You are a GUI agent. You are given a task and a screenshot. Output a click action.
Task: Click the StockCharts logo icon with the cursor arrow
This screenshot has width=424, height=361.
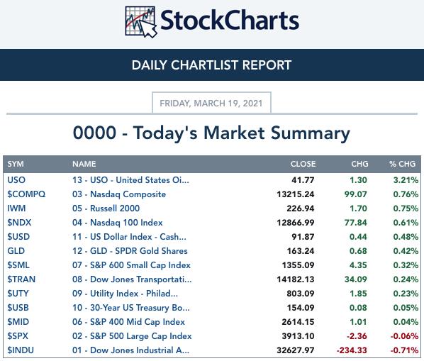click(141, 22)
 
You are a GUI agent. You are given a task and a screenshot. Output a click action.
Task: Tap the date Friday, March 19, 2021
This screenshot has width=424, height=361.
click(211, 104)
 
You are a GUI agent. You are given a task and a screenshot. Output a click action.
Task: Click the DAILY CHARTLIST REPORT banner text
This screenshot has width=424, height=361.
click(211, 65)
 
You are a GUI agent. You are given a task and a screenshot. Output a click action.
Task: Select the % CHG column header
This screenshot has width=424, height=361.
click(402, 164)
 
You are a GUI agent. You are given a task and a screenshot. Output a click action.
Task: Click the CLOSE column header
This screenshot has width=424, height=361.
click(303, 164)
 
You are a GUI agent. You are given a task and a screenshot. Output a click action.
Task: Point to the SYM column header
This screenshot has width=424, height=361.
click(16, 164)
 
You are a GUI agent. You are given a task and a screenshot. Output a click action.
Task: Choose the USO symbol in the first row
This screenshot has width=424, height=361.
click(16, 180)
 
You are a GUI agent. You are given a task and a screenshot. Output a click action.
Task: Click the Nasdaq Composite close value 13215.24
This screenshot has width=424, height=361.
click(296, 194)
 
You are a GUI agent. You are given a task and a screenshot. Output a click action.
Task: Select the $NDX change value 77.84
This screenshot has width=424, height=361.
click(356, 223)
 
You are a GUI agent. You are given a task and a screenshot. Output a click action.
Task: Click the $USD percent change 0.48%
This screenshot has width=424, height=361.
click(406, 237)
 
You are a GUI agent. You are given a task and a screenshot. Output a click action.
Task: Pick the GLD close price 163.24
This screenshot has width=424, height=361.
click(301, 251)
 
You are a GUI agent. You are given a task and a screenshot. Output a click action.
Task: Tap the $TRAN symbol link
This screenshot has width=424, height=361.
click(21, 279)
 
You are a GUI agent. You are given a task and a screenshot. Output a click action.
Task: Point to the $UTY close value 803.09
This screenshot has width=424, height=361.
click(301, 294)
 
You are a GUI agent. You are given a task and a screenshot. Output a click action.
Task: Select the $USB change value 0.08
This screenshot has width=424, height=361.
click(358, 308)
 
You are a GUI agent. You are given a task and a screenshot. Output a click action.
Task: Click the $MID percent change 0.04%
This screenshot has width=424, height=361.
click(406, 322)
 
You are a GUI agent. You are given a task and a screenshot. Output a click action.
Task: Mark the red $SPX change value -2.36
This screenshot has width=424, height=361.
click(357, 336)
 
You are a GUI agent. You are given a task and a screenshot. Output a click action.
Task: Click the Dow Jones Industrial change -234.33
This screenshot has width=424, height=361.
click(352, 350)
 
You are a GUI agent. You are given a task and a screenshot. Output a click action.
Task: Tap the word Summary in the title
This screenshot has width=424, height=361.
click(311, 133)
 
